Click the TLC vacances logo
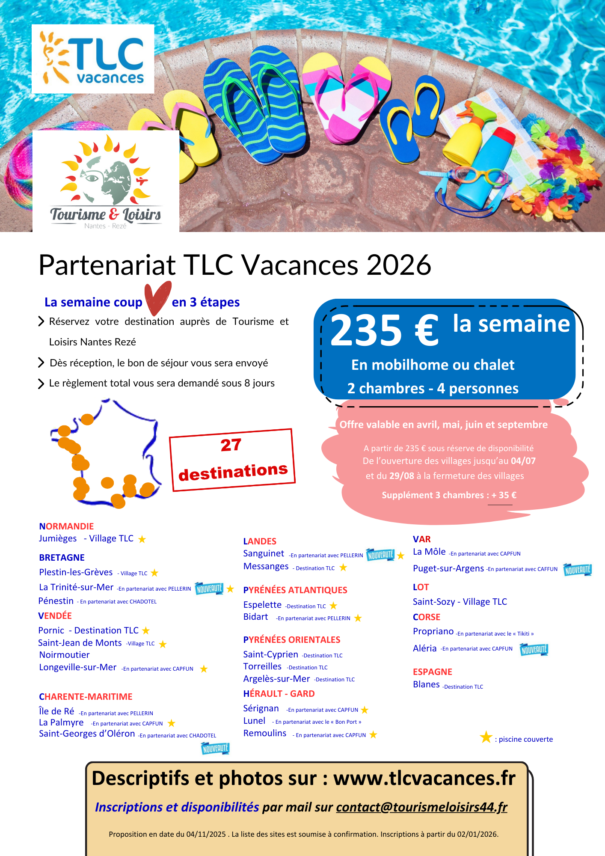point(93,59)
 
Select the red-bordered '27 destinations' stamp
point(232,460)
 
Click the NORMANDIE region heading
point(66,526)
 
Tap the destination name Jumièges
point(58,538)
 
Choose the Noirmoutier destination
point(64,655)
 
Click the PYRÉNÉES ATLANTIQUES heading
point(295,590)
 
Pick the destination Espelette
point(262,605)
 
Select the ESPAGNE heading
point(432,672)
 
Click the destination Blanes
point(426,684)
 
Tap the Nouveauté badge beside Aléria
point(534,650)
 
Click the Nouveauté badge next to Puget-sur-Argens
point(577,570)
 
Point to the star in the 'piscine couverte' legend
point(486,737)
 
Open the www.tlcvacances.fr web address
point(424,778)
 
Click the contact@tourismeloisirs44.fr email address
point(421,807)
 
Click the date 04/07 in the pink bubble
point(523,461)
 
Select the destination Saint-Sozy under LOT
point(433,602)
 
